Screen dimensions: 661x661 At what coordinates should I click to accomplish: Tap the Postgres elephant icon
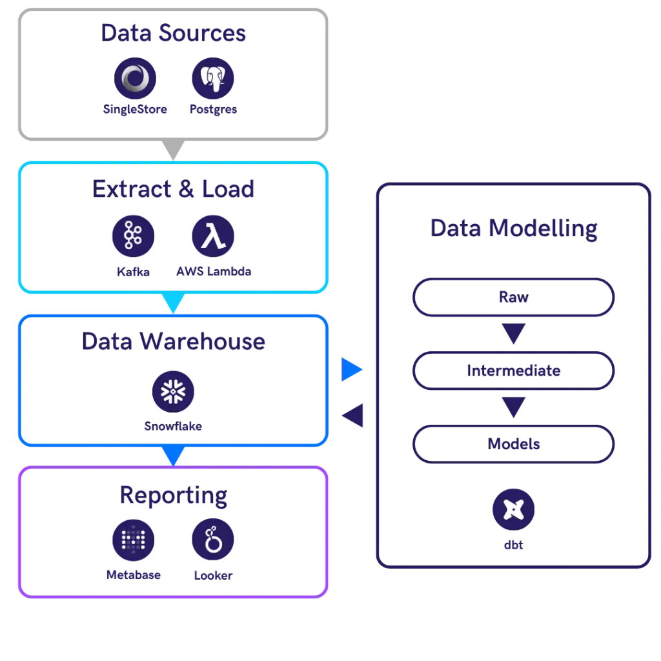[x=213, y=79]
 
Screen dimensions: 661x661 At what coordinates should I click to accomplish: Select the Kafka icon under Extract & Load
[x=133, y=235]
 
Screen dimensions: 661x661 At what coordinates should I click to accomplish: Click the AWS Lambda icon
[x=213, y=235]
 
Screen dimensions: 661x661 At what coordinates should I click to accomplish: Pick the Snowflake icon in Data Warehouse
[x=172, y=391]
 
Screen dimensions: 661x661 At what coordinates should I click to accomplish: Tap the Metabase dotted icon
[x=133, y=540]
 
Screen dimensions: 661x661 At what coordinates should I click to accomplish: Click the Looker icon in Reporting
[x=213, y=540]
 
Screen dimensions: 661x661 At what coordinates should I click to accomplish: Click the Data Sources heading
[x=173, y=33]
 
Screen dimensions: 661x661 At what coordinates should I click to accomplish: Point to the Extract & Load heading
[x=173, y=189]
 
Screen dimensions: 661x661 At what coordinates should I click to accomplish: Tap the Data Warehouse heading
[x=173, y=341]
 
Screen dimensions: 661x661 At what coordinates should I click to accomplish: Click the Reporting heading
[x=173, y=495]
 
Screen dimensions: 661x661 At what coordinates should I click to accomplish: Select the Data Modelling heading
[x=513, y=229]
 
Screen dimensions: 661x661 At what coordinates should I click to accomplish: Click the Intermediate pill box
[x=513, y=371]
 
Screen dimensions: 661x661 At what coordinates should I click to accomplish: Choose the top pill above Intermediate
[x=513, y=298]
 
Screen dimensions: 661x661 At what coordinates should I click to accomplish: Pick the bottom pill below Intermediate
[x=513, y=444]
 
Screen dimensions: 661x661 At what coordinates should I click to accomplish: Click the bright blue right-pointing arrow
[x=352, y=369]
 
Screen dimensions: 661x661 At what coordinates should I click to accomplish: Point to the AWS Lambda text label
[x=214, y=272]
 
